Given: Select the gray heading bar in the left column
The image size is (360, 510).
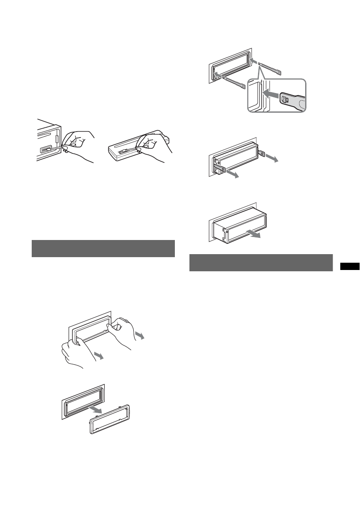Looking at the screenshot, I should tap(103, 249).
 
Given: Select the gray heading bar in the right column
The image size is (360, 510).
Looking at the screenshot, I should tap(261, 263).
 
